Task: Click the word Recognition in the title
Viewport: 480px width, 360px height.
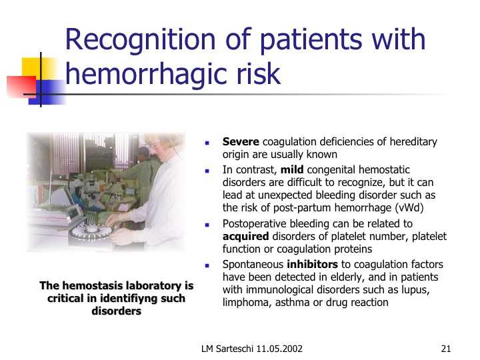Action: coord(141,41)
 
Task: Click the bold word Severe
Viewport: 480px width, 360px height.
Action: coord(241,142)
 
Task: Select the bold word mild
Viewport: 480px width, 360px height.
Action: coord(292,169)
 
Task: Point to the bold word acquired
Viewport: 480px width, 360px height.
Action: coord(246,237)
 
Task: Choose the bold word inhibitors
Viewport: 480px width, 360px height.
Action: coord(312,264)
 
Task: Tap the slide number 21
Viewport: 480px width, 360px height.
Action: coord(446,349)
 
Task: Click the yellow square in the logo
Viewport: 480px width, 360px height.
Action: coord(39,69)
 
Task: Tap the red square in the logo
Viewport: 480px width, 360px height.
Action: coord(21,87)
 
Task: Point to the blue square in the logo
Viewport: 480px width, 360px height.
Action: coord(47,92)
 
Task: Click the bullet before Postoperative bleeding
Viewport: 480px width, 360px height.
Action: coord(207,225)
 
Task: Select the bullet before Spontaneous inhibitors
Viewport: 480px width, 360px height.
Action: coord(207,265)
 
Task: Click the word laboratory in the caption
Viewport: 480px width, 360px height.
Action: coord(153,285)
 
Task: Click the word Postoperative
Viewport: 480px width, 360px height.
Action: coord(255,224)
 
